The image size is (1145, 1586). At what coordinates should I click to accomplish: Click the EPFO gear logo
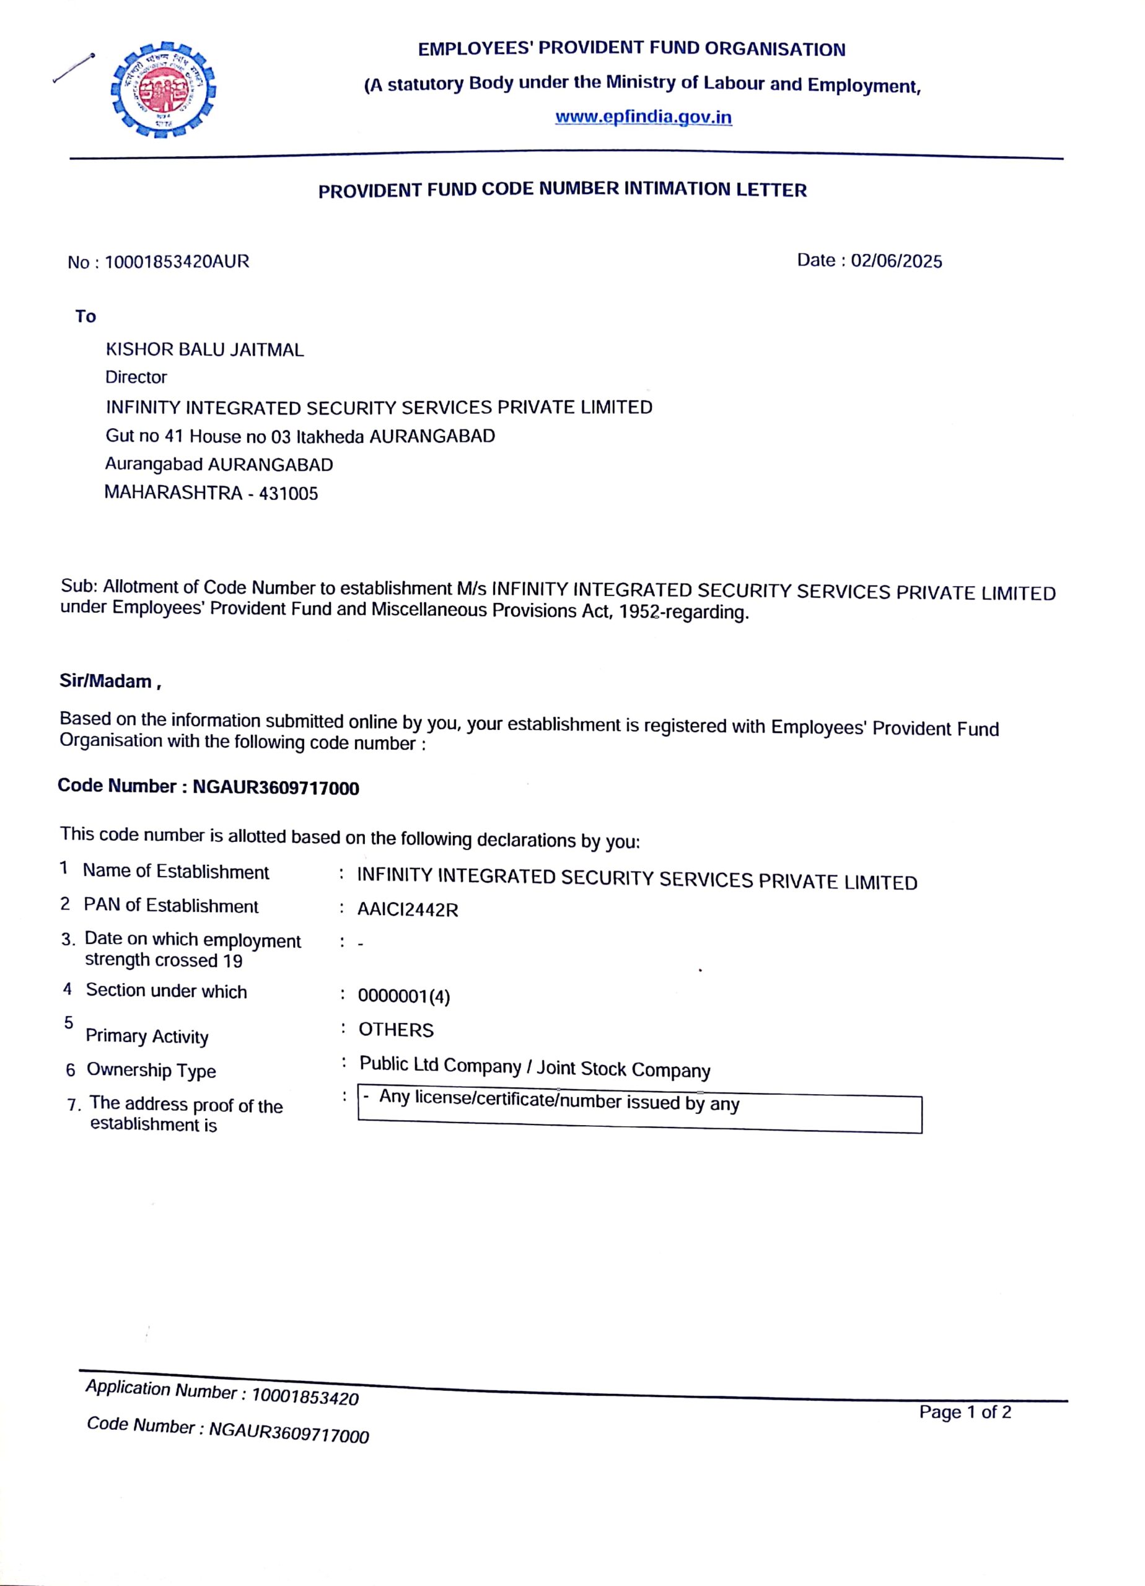click(164, 89)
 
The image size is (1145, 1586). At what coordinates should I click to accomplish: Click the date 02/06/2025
click(896, 261)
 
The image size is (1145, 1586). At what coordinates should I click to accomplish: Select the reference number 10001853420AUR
click(176, 262)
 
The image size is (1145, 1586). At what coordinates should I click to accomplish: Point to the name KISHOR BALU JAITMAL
click(205, 349)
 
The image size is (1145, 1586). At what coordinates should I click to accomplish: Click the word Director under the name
click(136, 378)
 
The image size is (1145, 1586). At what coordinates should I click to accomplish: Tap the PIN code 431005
click(288, 494)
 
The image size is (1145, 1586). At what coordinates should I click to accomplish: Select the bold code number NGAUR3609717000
click(276, 788)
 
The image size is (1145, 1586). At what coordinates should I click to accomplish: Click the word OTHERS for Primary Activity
click(396, 1030)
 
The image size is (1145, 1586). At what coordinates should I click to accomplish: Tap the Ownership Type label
click(151, 1071)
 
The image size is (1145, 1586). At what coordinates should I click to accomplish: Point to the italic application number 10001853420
click(304, 1397)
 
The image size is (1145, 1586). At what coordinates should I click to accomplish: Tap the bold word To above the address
click(86, 317)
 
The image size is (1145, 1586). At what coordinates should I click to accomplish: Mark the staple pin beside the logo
click(74, 68)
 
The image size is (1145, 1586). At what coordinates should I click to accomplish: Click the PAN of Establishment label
click(170, 906)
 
